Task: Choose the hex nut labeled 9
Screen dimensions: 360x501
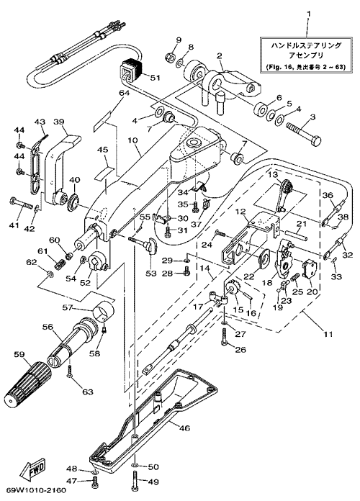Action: [170, 58]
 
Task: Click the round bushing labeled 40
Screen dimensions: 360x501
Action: [74, 201]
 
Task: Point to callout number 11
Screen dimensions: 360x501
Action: [328, 334]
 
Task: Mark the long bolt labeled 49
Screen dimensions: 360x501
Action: [135, 482]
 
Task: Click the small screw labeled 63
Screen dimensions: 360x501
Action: [70, 372]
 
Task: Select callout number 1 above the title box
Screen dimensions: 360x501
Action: [308, 14]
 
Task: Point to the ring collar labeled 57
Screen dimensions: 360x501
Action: [104, 310]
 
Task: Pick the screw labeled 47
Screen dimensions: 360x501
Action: [95, 481]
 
